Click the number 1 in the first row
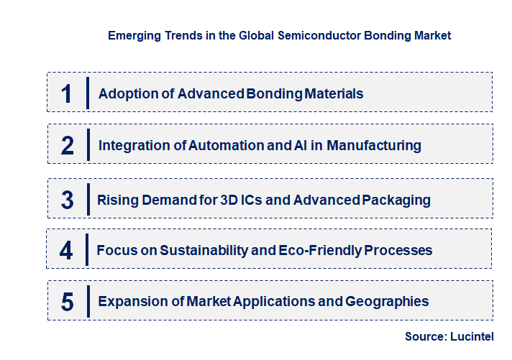click(x=67, y=93)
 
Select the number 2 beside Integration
click(x=67, y=146)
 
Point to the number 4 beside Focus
click(x=67, y=251)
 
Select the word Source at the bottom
click(x=424, y=336)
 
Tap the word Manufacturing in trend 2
click(x=374, y=145)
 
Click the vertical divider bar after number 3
click(x=87, y=199)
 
